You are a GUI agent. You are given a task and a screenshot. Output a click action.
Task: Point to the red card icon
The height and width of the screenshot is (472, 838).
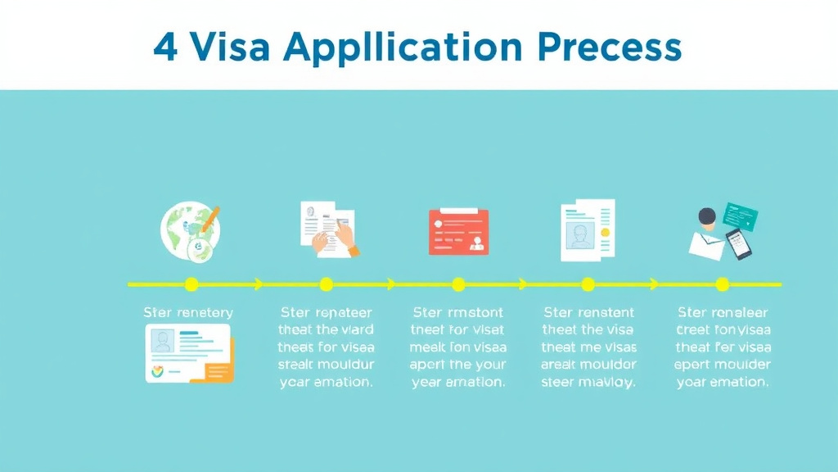click(458, 231)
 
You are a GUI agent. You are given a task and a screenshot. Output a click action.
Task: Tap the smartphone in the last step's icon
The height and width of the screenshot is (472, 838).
click(739, 244)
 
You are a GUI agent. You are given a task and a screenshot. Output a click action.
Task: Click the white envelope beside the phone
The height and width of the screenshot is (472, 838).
click(706, 245)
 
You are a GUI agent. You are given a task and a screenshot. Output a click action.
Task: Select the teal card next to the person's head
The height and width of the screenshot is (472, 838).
click(740, 217)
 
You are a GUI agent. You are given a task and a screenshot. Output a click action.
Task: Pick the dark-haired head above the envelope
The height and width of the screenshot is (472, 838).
click(707, 217)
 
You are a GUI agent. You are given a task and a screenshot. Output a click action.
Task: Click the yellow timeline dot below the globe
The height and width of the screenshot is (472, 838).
click(191, 284)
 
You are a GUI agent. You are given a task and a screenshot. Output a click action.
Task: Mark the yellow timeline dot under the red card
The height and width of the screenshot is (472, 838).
click(458, 284)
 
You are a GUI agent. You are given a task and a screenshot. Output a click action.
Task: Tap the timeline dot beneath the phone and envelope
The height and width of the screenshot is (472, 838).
click(722, 284)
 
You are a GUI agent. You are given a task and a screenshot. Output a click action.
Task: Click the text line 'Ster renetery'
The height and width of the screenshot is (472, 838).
click(188, 312)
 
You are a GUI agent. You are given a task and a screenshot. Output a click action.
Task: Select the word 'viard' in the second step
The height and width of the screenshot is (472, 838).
click(357, 329)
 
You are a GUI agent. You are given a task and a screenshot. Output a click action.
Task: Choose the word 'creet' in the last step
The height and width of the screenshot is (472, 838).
click(695, 329)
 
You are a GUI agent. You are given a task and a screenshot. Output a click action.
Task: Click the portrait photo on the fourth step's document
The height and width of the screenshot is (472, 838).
click(579, 235)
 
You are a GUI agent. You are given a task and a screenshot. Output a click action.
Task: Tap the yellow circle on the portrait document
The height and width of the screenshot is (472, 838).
click(605, 233)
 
